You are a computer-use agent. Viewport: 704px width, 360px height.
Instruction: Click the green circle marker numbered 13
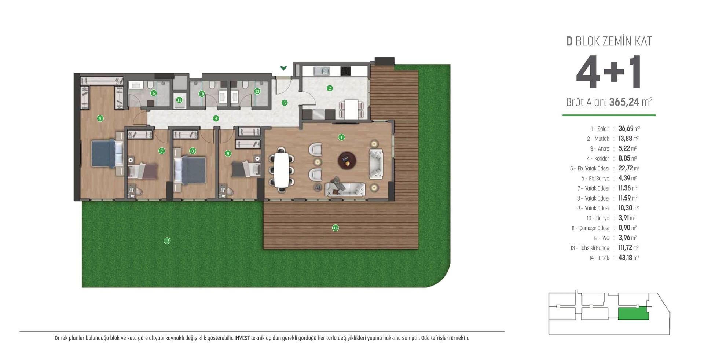click(167, 241)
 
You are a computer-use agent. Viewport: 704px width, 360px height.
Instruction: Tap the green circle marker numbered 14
click(335, 228)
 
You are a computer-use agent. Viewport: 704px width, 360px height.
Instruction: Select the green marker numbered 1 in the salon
click(341, 137)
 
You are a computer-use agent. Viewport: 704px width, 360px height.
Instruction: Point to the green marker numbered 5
click(100, 118)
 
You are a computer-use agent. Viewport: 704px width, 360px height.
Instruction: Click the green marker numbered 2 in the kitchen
click(330, 88)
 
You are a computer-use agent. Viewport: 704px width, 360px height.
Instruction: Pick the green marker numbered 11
click(179, 100)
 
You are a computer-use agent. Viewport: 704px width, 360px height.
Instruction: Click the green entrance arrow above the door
click(283, 68)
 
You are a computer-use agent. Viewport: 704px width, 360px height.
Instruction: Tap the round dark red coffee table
click(347, 160)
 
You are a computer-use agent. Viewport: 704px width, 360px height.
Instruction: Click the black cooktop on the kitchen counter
click(346, 71)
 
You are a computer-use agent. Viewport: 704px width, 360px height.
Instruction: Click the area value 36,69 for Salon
click(626, 129)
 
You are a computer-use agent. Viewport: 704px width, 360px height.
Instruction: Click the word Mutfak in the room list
click(602, 139)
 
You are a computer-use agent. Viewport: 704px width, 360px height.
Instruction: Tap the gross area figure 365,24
click(624, 102)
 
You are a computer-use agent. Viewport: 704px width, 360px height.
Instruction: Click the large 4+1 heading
click(609, 73)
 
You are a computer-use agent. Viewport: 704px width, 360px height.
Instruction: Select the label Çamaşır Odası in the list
click(594, 228)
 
